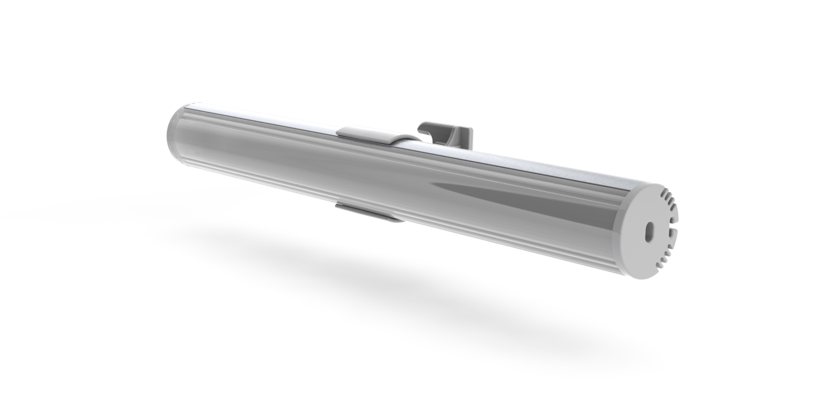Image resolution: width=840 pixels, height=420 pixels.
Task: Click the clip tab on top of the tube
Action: click(365, 133)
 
